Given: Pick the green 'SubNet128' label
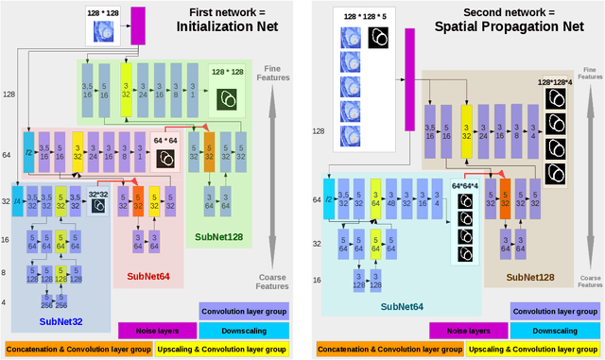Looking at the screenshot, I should tap(220, 237).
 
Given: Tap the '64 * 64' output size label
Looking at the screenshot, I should tap(166, 140).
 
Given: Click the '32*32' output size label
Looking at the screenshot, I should tap(99, 194).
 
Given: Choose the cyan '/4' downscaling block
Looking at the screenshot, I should tap(17, 202).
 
